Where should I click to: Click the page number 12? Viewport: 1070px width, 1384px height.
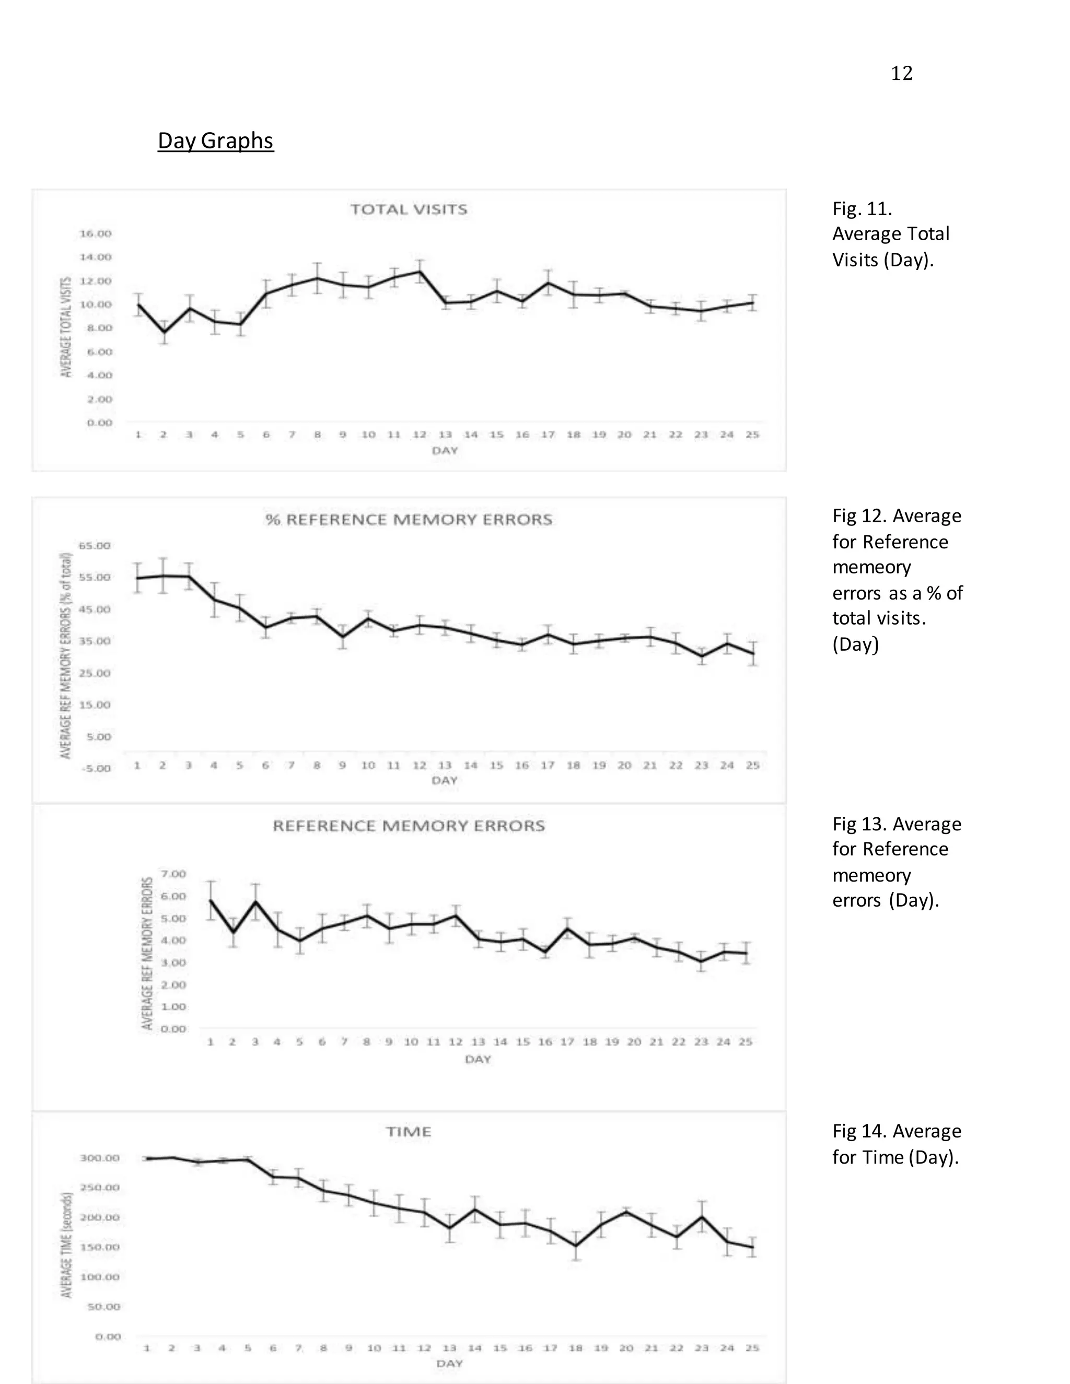[901, 74]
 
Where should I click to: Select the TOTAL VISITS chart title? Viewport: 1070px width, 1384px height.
[409, 210]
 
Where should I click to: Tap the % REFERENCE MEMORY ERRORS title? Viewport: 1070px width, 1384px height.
[409, 520]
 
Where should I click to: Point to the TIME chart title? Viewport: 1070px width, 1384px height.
[409, 1132]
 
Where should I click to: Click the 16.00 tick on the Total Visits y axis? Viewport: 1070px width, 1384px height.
[95, 234]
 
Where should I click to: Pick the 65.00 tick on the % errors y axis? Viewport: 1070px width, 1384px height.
[95, 546]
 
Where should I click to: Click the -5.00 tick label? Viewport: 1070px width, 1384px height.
[95, 769]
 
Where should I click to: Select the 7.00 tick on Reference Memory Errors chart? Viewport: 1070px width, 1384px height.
[173, 874]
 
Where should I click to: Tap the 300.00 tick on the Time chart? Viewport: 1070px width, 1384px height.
[99, 1158]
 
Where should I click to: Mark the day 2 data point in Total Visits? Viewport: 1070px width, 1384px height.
[164, 332]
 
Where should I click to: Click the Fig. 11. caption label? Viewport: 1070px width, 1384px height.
[862, 208]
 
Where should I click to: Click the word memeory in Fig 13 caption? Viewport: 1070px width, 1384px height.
[871, 875]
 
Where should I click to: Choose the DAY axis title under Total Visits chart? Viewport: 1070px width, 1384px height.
[445, 451]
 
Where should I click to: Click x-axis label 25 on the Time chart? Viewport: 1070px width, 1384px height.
[752, 1348]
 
